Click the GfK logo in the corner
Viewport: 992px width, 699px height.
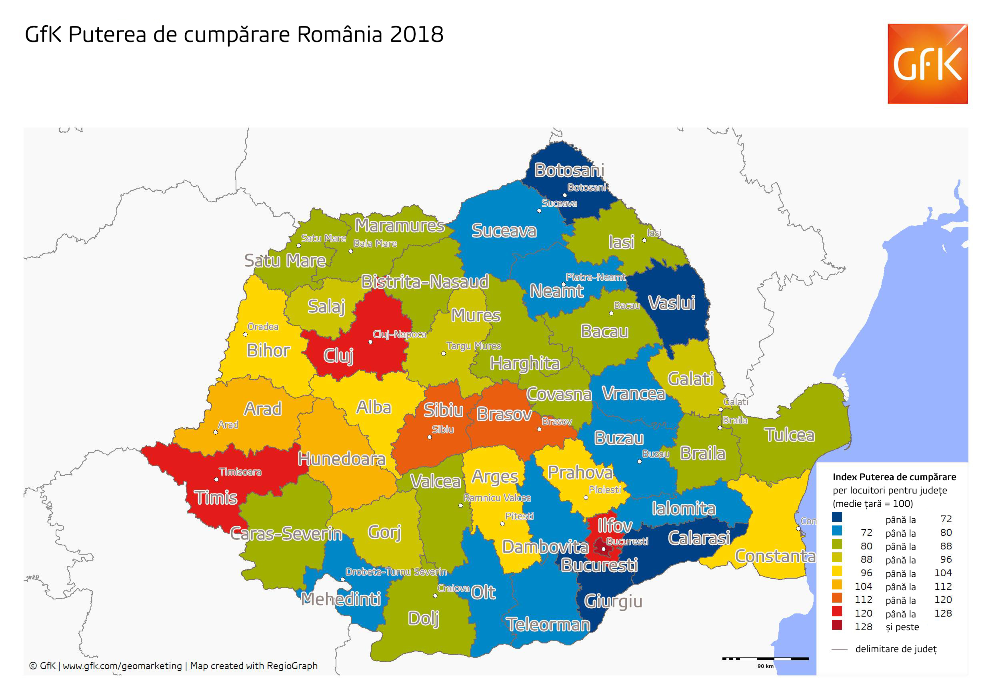tap(927, 64)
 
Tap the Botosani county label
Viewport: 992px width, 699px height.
tap(569, 170)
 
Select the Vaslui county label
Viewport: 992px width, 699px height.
tap(672, 303)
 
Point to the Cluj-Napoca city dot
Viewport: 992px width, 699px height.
tap(370, 342)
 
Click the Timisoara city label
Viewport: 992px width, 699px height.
tap(240, 472)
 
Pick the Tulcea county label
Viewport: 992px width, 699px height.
tap(789, 435)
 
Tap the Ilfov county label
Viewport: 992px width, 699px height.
tap(614, 526)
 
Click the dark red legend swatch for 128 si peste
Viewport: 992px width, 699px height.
tap(837, 625)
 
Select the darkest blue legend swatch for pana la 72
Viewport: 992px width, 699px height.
tap(837, 517)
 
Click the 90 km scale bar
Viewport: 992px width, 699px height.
tap(765, 659)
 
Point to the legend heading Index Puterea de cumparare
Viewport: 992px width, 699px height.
tap(894, 477)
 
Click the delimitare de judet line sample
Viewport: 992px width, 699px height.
tap(839, 649)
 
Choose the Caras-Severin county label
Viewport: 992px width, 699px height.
tap(286, 534)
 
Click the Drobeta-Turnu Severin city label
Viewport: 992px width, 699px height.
tap(396, 572)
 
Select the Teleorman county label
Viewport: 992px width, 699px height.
tap(548, 625)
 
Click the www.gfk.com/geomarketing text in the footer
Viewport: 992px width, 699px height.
tap(122, 666)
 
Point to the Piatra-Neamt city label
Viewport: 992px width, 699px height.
tap(595, 277)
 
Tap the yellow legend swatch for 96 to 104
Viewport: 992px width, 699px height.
tap(837, 571)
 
